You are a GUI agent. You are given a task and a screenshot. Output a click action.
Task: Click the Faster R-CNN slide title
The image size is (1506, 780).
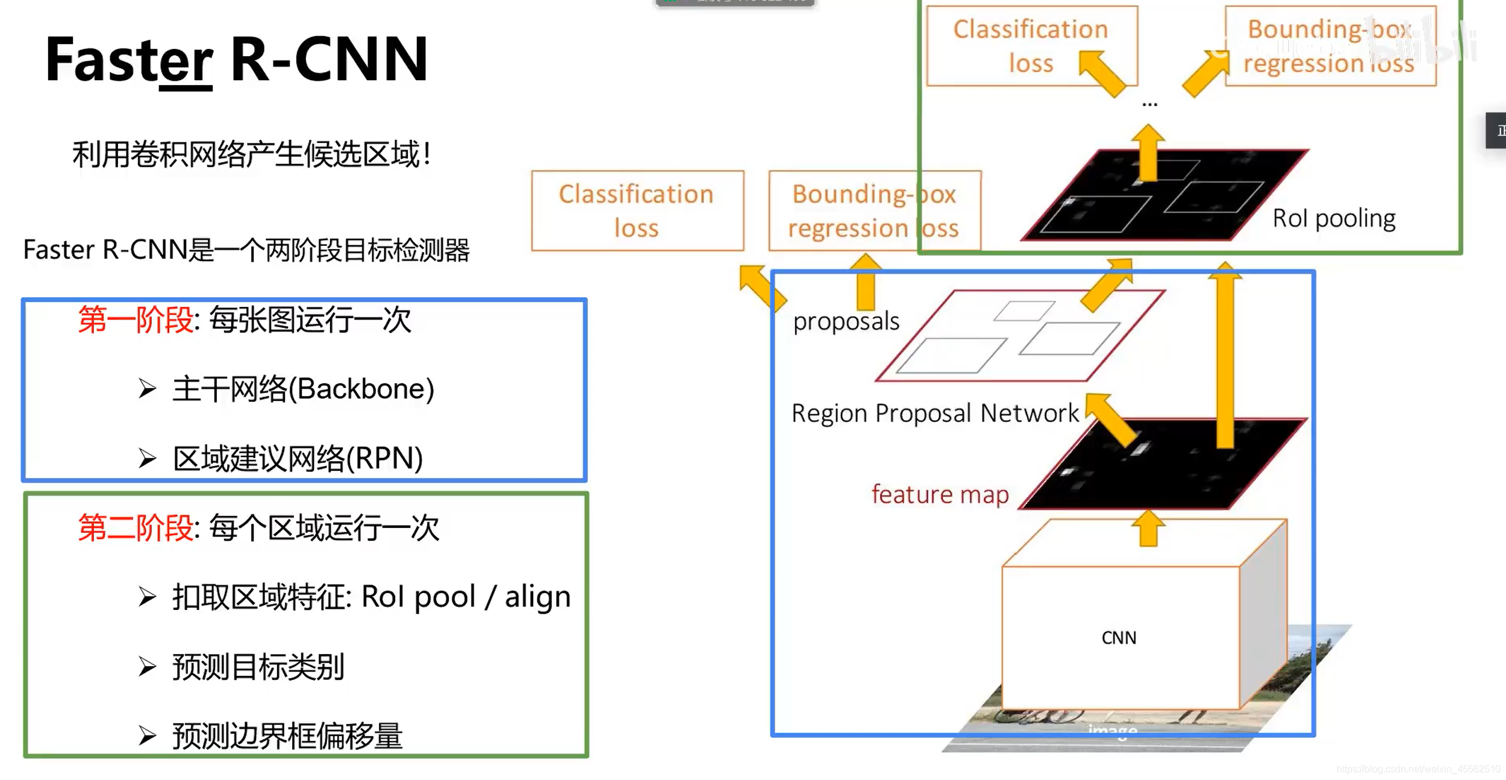pyautogui.click(x=236, y=59)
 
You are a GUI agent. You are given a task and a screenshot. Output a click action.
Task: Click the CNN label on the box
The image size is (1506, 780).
pyautogui.click(x=1119, y=638)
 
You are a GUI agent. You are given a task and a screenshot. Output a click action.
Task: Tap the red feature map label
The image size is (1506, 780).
pyautogui.click(x=940, y=494)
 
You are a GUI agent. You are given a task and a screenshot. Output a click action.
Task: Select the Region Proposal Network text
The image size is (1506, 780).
pyautogui.click(x=935, y=414)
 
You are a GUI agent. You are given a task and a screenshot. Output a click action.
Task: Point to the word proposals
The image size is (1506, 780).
pyautogui.click(x=846, y=321)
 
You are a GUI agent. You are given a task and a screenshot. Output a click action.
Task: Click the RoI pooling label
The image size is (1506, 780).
pyautogui.click(x=1334, y=218)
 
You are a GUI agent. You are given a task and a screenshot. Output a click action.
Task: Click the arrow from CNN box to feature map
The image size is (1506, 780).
pyautogui.click(x=1148, y=529)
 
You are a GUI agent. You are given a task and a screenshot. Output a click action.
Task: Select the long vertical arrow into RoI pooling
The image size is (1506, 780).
pyautogui.click(x=1225, y=356)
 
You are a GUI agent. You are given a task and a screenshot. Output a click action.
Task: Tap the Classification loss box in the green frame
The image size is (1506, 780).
pyautogui.click(x=1031, y=46)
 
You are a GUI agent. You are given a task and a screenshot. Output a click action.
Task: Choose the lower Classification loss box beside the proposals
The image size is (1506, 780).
pyautogui.click(x=637, y=210)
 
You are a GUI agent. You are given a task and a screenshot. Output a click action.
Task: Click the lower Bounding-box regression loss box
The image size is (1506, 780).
pyautogui.click(x=873, y=210)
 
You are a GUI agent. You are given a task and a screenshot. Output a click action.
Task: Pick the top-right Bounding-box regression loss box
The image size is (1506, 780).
pyautogui.click(x=1330, y=46)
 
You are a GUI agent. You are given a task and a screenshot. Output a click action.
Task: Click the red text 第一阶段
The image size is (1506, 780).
pyautogui.click(x=136, y=319)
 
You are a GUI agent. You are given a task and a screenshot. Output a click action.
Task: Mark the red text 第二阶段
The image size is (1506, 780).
pyautogui.click(x=136, y=528)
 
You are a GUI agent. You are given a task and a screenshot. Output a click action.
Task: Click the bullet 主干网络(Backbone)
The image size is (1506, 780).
pyautogui.click(x=303, y=389)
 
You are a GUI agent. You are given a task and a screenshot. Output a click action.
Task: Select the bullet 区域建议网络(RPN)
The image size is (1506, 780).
pyautogui.click(x=298, y=459)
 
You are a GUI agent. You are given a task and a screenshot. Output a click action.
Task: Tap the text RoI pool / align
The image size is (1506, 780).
pyautogui.click(x=466, y=597)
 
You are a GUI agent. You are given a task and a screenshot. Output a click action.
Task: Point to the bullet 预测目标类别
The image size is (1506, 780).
pyautogui.click(x=258, y=667)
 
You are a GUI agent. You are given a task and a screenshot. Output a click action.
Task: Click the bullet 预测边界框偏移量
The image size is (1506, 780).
pyautogui.click(x=287, y=736)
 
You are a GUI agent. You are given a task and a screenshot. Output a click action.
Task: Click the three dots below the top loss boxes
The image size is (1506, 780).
pyautogui.click(x=1149, y=105)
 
